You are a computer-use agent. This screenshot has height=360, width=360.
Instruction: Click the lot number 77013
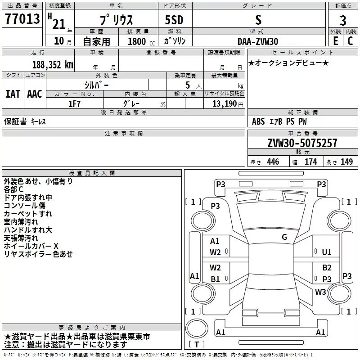point(22,18)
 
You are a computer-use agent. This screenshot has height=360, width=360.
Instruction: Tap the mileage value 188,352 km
point(53,65)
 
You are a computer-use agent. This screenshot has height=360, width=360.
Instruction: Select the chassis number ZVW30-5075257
point(302,143)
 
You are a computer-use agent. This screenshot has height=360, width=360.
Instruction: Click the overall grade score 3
point(343,20)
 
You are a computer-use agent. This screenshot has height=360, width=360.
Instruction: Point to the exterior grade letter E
point(335,41)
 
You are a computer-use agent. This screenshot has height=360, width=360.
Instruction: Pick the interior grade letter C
point(350,41)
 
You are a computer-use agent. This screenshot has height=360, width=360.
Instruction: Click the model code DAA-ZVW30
point(258,41)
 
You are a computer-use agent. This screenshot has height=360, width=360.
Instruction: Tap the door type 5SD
point(174,20)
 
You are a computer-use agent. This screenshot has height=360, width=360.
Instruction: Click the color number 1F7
point(74,104)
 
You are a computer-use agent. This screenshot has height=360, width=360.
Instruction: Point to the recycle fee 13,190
point(224,104)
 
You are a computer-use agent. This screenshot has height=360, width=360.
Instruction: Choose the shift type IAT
point(13,94)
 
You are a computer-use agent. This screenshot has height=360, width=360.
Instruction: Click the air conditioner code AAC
point(35,94)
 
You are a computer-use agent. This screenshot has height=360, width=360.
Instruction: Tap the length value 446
point(273,162)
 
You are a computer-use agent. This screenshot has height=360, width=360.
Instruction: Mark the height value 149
point(346,162)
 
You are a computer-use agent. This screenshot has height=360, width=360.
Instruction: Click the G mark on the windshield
point(284,237)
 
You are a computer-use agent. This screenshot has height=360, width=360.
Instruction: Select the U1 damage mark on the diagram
point(327,252)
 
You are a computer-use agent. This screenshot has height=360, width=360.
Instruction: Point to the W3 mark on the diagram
point(320,292)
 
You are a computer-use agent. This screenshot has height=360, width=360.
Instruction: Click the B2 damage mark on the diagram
point(327,267)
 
